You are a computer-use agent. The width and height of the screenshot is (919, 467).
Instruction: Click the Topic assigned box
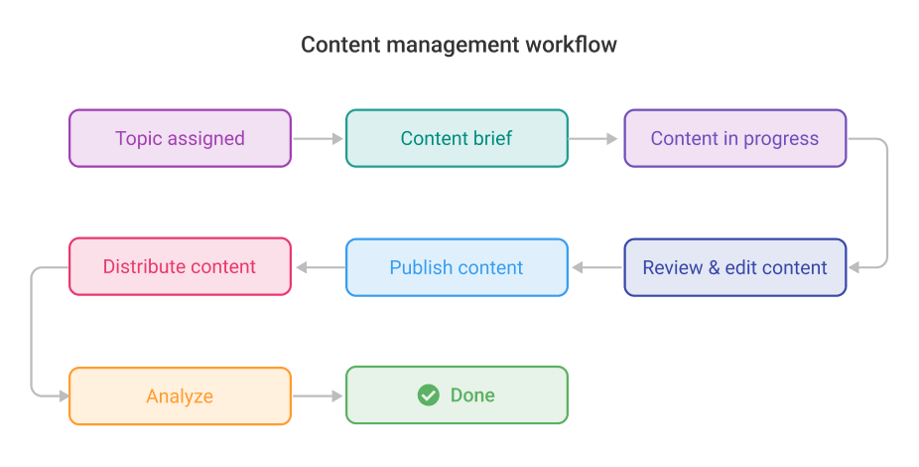(x=180, y=138)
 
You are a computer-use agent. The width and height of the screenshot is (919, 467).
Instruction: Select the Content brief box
(x=457, y=138)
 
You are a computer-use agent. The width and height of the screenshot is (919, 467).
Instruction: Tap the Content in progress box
(x=734, y=138)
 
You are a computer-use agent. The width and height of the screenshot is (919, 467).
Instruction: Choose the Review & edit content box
(x=734, y=267)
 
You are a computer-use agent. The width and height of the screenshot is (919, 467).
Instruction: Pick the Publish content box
(x=457, y=267)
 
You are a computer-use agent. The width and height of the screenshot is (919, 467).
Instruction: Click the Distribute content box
(x=180, y=266)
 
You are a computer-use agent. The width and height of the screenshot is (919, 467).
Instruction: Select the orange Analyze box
(x=180, y=396)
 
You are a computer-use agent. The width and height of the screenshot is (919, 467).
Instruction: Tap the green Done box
(x=457, y=395)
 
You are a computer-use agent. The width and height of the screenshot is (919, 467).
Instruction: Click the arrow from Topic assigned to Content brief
(x=318, y=139)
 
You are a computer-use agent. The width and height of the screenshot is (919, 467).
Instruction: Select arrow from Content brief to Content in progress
(x=594, y=139)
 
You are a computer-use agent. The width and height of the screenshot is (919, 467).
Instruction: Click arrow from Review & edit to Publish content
(x=595, y=267)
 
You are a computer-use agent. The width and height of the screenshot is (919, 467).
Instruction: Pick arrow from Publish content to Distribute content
(x=318, y=267)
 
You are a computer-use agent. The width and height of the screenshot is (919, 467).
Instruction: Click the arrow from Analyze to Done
(x=318, y=396)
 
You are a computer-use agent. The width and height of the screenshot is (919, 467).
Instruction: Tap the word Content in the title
(x=337, y=46)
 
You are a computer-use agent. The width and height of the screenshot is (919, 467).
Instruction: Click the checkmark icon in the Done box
(x=428, y=395)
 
